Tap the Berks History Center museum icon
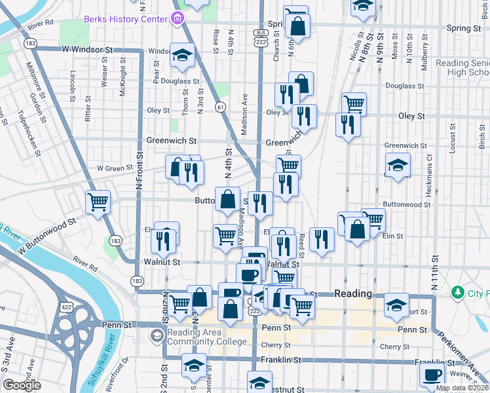pos(177,20)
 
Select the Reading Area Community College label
pos(206,337)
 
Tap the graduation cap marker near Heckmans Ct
pos(397,165)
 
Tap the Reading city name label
pos(353,293)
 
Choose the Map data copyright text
pos(462,388)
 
